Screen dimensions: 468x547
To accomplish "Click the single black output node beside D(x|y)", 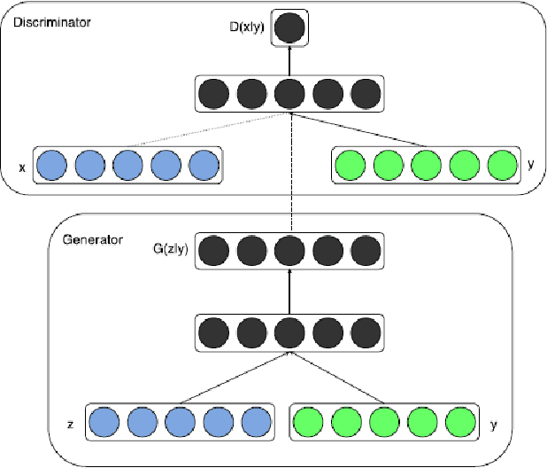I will [289, 27].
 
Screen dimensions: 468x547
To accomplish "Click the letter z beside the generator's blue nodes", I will [69, 425].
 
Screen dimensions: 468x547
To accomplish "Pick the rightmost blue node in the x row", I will [204, 165].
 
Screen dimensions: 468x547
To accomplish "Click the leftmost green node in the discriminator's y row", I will [351, 165].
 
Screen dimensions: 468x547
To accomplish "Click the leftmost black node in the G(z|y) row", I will [213, 252].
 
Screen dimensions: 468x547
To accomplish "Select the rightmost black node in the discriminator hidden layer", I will [366, 94].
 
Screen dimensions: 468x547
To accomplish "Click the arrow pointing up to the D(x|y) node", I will [289, 60].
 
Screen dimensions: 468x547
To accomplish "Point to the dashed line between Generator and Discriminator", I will [289, 177].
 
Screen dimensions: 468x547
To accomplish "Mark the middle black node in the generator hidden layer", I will [289, 334].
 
